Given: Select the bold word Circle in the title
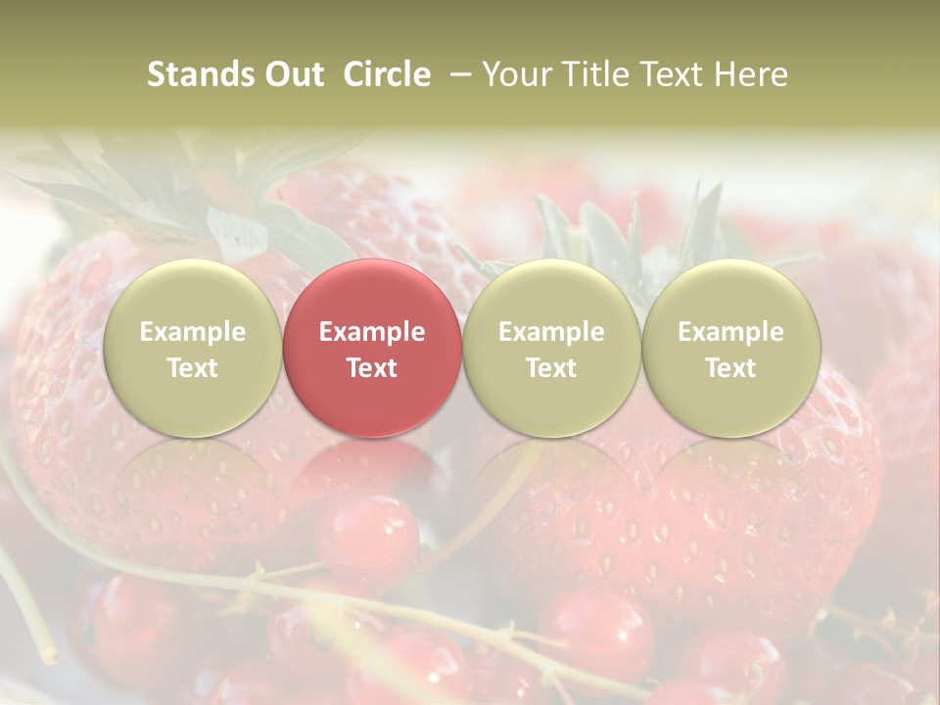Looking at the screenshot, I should pos(387,74).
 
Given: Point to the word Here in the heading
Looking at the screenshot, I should pos(750,74).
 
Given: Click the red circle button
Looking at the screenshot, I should pos(372,348).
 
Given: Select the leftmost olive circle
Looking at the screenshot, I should pos(192,348).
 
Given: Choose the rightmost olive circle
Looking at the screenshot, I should pos(730,348).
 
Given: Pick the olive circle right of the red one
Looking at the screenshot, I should pos(551,348).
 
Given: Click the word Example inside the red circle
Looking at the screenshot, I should pos(372,332).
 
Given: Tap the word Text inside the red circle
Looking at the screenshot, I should pos(372,368).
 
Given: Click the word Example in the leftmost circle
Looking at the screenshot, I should pos(192,332).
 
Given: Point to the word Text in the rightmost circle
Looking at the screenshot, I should pos(730,368).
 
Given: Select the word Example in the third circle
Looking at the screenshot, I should pos(551,332).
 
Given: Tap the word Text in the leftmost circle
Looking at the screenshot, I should pos(192,368).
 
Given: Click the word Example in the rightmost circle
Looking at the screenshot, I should pos(730,332).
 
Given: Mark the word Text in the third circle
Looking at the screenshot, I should pos(551,368).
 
